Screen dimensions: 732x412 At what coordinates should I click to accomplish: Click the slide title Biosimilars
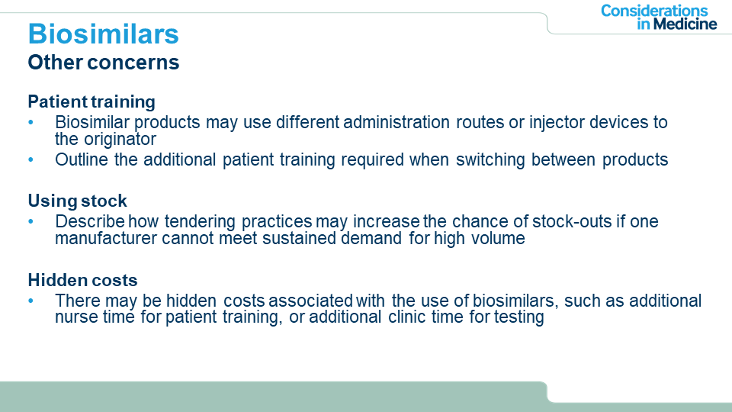(x=103, y=34)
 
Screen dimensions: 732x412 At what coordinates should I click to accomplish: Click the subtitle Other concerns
(x=103, y=62)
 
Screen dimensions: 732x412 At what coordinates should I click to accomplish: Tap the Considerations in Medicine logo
(x=659, y=18)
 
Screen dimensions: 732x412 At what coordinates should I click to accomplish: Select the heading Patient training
(x=91, y=101)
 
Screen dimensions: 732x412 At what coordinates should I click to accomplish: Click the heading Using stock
(x=77, y=201)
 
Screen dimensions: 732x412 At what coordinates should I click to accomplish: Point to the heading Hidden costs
(x=82, y=280)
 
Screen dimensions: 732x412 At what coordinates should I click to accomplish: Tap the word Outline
(x=82, y=159)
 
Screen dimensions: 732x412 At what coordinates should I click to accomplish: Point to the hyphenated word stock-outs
(x=572, y=221)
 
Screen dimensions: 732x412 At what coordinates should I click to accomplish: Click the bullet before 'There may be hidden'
(x=30, y=301)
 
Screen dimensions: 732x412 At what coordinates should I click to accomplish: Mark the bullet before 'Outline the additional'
(x=30, y=159)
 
